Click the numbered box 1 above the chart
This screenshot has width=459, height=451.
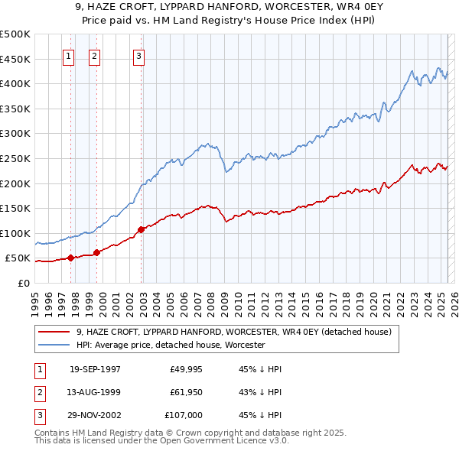[x=69, y=55]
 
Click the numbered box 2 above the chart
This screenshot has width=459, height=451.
[x=94, y=55]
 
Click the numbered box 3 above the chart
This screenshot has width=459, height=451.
[x=138, y=55]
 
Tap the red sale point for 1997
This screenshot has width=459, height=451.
[x=70, y=258]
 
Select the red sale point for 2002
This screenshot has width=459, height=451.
[x=142, y=229]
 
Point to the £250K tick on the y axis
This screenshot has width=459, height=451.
[x=16, y=158]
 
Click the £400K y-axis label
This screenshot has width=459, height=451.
[x=16, y=83]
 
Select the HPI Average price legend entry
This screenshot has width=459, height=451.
[x=170, y=345]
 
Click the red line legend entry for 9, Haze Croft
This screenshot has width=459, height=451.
[x=233, y=332]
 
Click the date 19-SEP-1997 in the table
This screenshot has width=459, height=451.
[x=95, y=369]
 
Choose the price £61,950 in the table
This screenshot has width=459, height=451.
[x=187, y=392]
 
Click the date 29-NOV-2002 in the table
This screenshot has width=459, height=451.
[x=95, y=415]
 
